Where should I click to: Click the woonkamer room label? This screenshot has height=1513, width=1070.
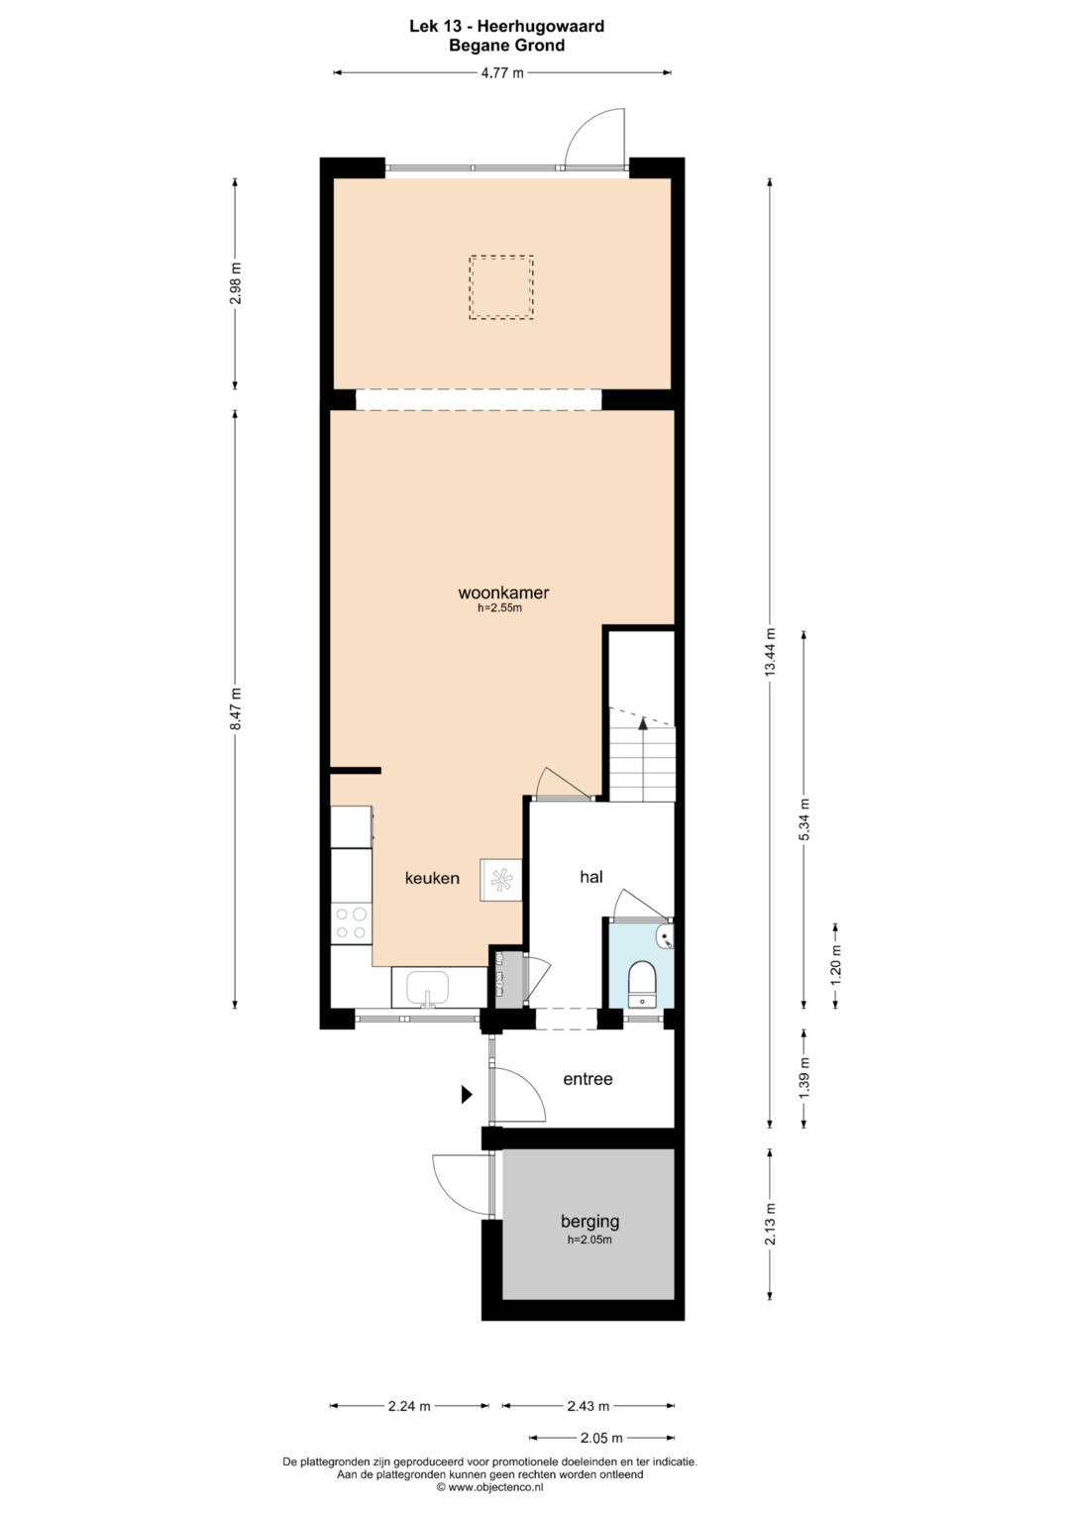pyautogui.click(x=503, y=593)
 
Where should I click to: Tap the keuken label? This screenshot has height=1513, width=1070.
pyautogui.click(x=432, y=878)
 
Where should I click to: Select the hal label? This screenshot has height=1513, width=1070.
pyautogui.click(x=591, y=876)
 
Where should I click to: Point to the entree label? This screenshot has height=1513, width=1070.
pyautogui.click(x=588, y=1079)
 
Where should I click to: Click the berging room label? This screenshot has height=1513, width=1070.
pyautogui.click(x=589, y=1221)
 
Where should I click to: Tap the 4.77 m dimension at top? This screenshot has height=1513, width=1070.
pyautogui.click(x=502, y=73)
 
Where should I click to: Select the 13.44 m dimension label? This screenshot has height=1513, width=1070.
pyautogui.click(x=770, y=652)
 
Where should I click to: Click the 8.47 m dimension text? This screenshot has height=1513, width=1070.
pyautogui.click(x=235, y=708)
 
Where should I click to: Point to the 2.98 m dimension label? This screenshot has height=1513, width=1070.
pyautogui.click(x=235, y=283)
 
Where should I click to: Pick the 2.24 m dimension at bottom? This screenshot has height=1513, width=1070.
pyautogui.click(x=408, y=1406)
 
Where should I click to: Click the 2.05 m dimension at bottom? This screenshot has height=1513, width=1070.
pyautogui.click(x=601, y=1438)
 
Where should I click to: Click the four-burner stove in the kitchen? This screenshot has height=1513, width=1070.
pyautogui.click(x=352, y=923)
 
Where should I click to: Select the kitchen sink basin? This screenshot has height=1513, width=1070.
pyautogui.click(x=428, y=988)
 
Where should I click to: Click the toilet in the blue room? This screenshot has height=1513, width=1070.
pyautogui.click(x=641, y=983)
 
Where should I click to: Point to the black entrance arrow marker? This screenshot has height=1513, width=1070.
pyautogui.click(x=467, y=1094)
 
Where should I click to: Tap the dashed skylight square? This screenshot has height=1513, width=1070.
pyautogui.click(x=501, y=287)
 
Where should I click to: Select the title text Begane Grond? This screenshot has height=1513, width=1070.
pyautogui.click(x=506, y=46)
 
